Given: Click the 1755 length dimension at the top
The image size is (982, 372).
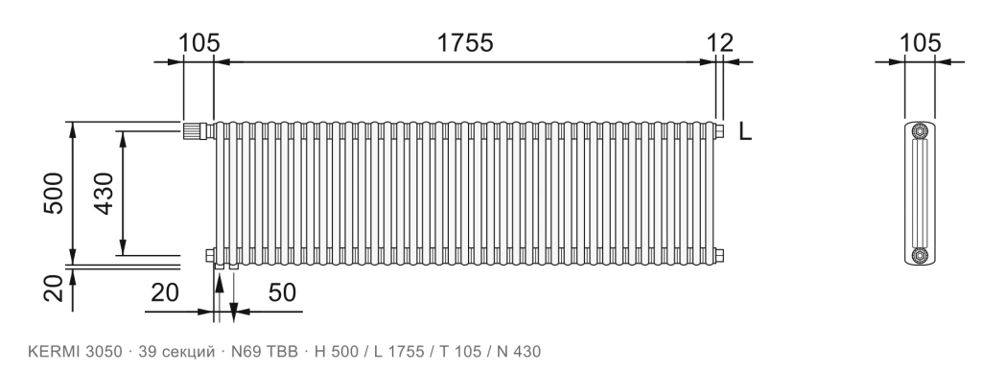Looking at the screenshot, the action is tap(465, 43).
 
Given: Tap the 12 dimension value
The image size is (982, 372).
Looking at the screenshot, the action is tap(719, 43).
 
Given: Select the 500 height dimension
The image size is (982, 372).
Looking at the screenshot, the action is tap(54, 193).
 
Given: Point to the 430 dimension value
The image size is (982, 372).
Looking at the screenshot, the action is tap(104, 193).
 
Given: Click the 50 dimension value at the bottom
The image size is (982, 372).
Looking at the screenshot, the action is tap(282, 292).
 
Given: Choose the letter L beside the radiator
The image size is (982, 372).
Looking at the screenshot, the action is tap(744, 131).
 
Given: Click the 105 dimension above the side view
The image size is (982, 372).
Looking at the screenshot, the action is tap(920, 43).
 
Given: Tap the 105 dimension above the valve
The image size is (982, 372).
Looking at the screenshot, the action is tap(199, 43).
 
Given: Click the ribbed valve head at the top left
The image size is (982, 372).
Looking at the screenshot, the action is tap(194, 131).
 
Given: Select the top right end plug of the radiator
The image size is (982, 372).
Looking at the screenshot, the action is tap(719, 131).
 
